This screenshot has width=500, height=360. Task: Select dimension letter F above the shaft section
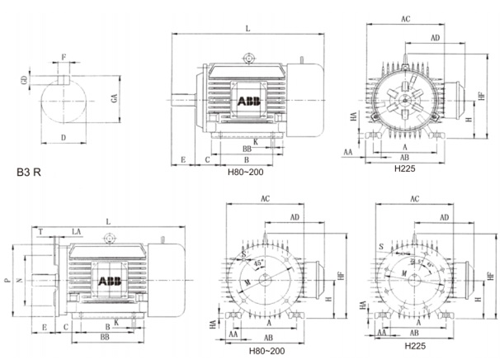pyautogui.click(x=64, y=56)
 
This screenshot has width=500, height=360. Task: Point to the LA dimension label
pyautogui.click(x=76, y=232)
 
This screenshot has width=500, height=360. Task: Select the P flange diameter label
pyautogui.click(x=7, y=281)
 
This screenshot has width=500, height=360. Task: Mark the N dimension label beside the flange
pyautogui.click(x=21, y=281)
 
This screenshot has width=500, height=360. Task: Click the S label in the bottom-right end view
pyautogui.click(x=381, y=248)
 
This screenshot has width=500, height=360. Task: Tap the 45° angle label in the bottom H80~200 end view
pyautogui.click(x=261, y=263)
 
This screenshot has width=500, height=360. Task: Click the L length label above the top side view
pyautogui.click(x=248, y=29)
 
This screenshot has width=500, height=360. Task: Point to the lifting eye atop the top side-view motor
pyautogui.click(x=248, y=58)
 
